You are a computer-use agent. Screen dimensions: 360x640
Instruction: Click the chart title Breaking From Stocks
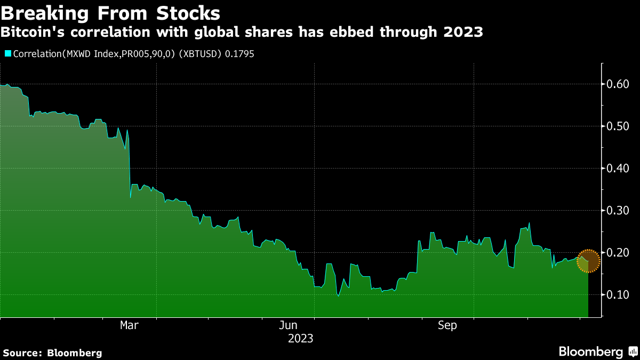[110, 12]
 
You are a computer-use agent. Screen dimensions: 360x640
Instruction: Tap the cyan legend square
[8, 53]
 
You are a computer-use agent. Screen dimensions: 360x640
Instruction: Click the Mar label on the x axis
[129, 325]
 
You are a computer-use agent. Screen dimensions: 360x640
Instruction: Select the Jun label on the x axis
[289, 325]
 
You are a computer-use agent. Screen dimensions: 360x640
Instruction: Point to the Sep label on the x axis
[447, 325]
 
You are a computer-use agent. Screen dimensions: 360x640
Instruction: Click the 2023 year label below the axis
[301, 339]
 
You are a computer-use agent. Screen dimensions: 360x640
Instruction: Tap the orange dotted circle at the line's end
[588, 261]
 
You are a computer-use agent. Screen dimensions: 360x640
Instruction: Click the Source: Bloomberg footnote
[52, 353]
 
